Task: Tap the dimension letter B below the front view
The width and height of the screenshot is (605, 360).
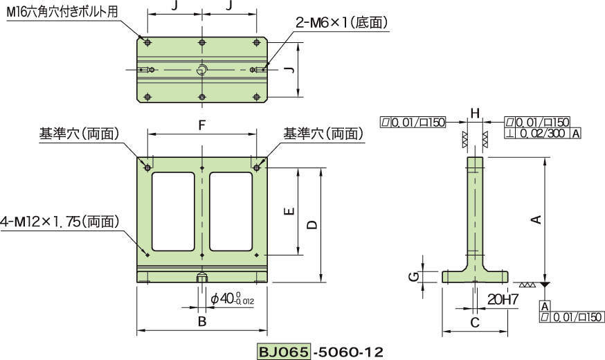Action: pos(201,321)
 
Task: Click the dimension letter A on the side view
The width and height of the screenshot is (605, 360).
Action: pos(534,220)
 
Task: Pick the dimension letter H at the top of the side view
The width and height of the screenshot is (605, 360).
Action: pos(474,113)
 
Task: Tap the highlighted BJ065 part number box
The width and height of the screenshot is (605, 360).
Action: pos(284,351)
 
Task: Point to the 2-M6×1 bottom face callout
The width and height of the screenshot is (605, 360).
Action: pos(341,23)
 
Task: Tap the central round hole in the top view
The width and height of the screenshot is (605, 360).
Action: pos(201,69)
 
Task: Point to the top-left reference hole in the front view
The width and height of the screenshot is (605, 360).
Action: pos(147,167)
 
